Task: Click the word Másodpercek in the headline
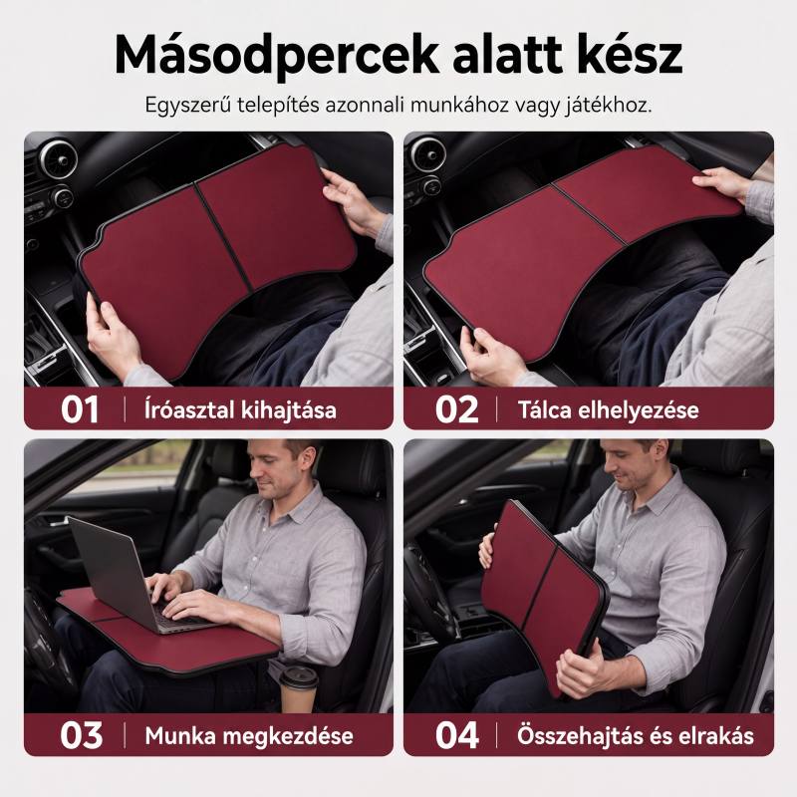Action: [x=277, y=56]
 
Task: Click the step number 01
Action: [x=80, y=409]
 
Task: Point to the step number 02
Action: [x=456, y=409]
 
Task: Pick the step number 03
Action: [x=82, y=735]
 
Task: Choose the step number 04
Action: [x=457, y=735]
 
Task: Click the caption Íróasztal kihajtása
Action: [x=240, y=410]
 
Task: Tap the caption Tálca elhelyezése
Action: [x=608, y=410]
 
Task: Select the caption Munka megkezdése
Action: [x=248, y=735]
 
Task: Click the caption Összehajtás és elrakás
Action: [x=635, y=735]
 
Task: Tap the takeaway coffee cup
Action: [x=299, y=689]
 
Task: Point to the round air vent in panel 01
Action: [x=58, y=159]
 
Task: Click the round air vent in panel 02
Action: [x=428, y=153]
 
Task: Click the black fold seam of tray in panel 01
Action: [x=222, y=237]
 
